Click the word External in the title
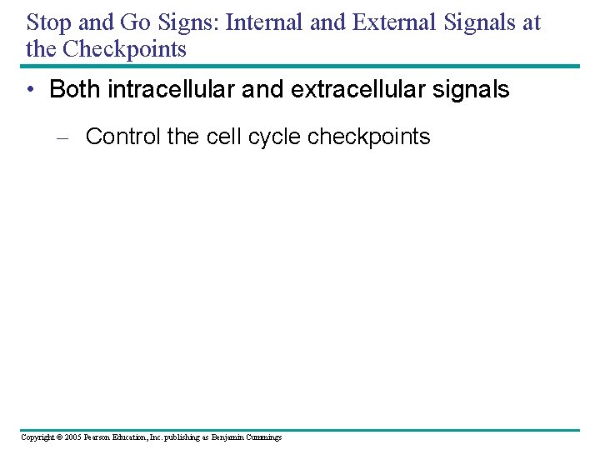point(392,22)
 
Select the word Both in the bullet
point(75,90)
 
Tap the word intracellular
point(172,90)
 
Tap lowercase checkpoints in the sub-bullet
point(369,137)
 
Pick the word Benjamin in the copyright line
point(227,437)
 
